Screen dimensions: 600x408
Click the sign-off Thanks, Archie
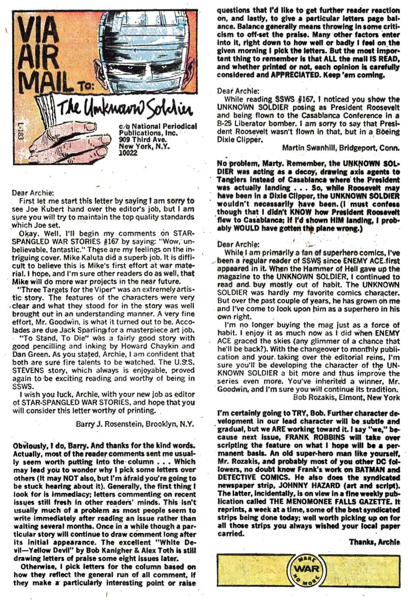(x=374, y=542)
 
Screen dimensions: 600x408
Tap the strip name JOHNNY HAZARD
(x=294, y=485)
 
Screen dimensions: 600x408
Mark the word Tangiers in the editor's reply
(x=233, y=180)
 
